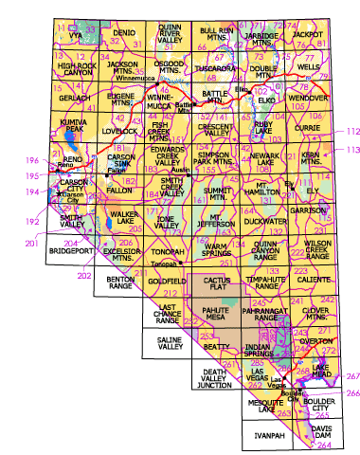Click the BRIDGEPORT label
coord(68,254)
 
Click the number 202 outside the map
coord(83,276)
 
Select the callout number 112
coord(352,131)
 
